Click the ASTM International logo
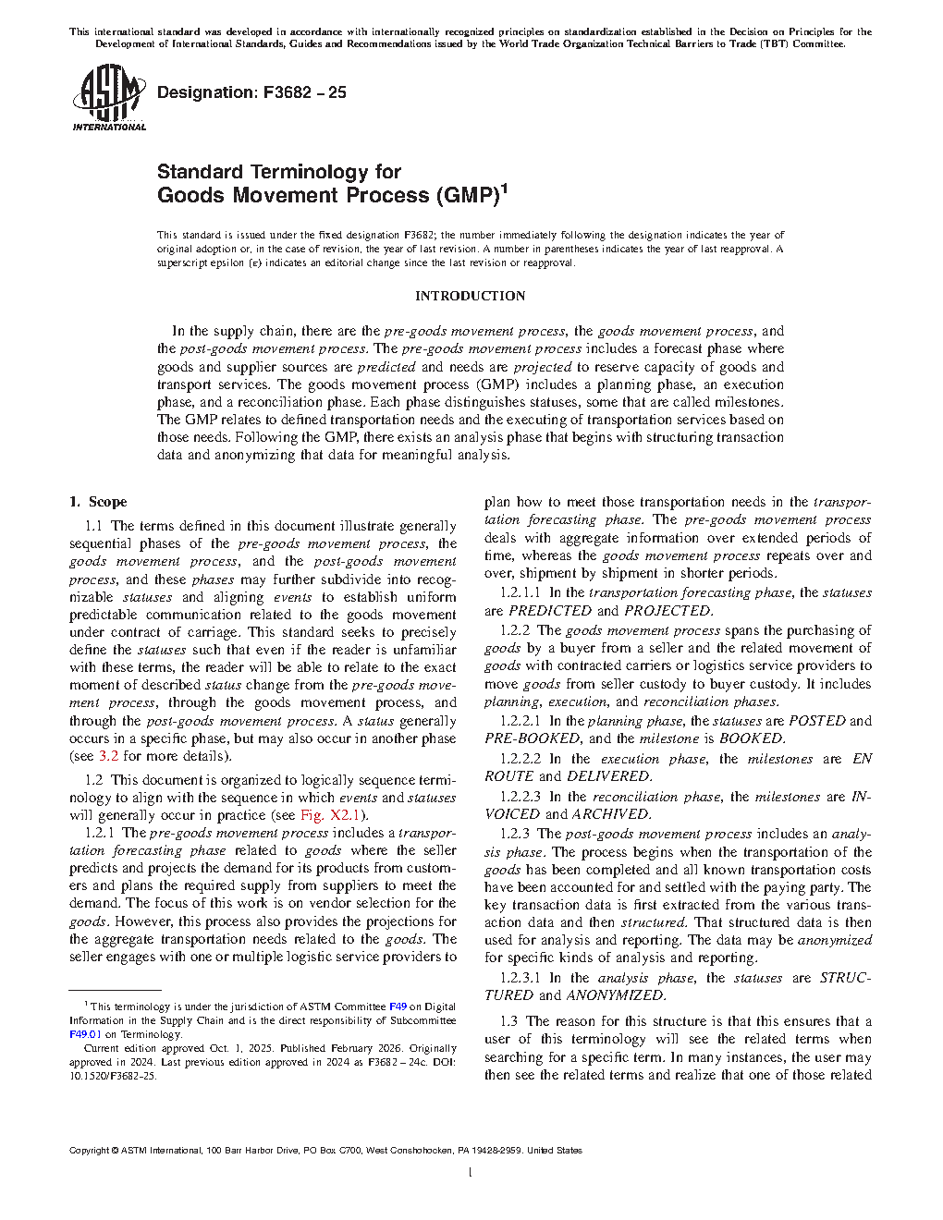point(109,97)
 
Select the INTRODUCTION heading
point(470,296)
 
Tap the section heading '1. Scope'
point(98,502)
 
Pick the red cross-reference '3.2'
point(108,756)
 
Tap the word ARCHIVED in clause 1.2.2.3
point(610,814)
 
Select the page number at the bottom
point(471,1173)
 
